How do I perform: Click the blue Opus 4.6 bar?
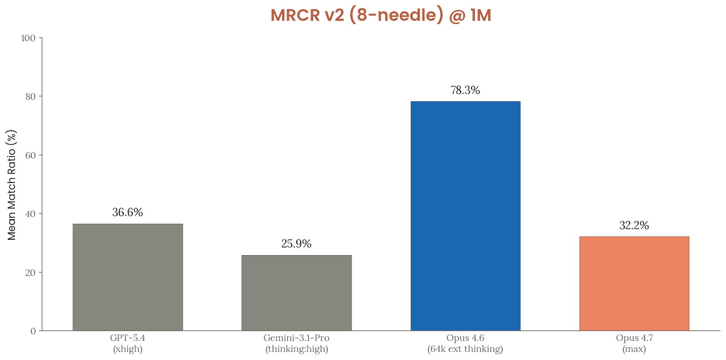pos(465,216)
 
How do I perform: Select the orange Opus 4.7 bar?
pos(634,283)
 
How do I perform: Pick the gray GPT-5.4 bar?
pos(128,277)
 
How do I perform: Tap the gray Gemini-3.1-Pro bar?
pos(296,293)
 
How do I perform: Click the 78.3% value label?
pos(465,90)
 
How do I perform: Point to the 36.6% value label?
pos(128,212)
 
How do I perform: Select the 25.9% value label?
pos(296,244)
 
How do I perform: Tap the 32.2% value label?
pos(634,225)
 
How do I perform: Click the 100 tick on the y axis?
pos(28,38)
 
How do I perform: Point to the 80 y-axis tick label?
pos(30,97)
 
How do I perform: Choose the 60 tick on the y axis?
pos(30,155)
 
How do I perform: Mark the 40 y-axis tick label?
pos(30,214)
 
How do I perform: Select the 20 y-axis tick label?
pos(30,272)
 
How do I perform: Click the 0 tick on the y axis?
pos(33,331)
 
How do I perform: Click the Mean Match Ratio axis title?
pos(12,185)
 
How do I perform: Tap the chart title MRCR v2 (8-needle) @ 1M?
pos(381,15)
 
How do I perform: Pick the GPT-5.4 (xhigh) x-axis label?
pos(128,344)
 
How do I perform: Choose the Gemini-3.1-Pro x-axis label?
pos(296,344)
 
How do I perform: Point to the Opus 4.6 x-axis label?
pos(465,344)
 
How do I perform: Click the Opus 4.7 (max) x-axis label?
pos(634,344)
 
